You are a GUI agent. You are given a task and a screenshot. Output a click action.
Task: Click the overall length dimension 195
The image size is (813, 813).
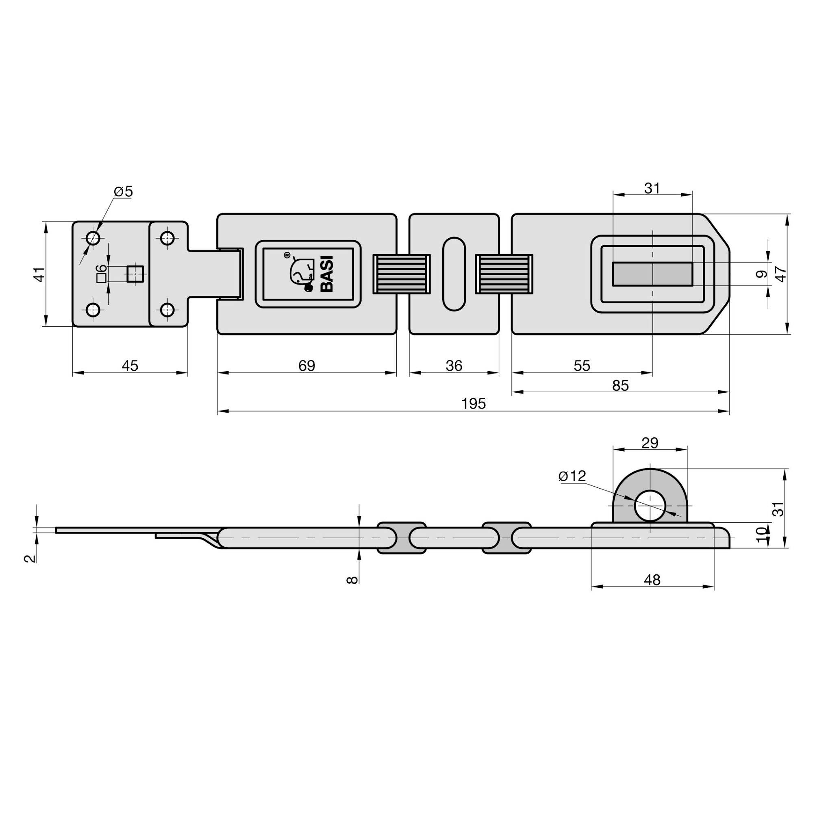click(474, 404)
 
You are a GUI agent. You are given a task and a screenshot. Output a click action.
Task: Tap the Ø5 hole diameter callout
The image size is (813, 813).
click(123, 192)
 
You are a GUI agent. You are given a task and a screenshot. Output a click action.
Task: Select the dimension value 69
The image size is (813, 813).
click(307, 366)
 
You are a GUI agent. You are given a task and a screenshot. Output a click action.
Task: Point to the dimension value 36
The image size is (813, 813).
click(454, 366)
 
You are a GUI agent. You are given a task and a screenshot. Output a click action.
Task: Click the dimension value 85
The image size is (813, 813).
click(620, 385)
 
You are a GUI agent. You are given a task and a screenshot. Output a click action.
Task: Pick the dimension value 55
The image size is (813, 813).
click(582, 366)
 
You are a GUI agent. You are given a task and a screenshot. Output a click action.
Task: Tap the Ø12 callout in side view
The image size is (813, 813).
click(572, 476)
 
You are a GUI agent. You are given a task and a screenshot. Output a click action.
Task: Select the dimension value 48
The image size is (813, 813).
click(652, 580)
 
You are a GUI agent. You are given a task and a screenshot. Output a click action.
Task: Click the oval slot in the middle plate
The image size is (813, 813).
click(454, 274)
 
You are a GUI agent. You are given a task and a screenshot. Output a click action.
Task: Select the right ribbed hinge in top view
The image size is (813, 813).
click(504, 274)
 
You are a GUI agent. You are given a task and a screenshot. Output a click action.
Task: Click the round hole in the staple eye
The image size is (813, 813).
click(650, 505)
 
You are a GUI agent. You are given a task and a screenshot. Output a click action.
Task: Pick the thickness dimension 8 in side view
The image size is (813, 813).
click(352, 580)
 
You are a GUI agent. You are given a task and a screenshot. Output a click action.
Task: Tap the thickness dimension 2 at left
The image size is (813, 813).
click(29, 558)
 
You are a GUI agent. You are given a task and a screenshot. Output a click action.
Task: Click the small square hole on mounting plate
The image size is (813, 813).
click(135, 274)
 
